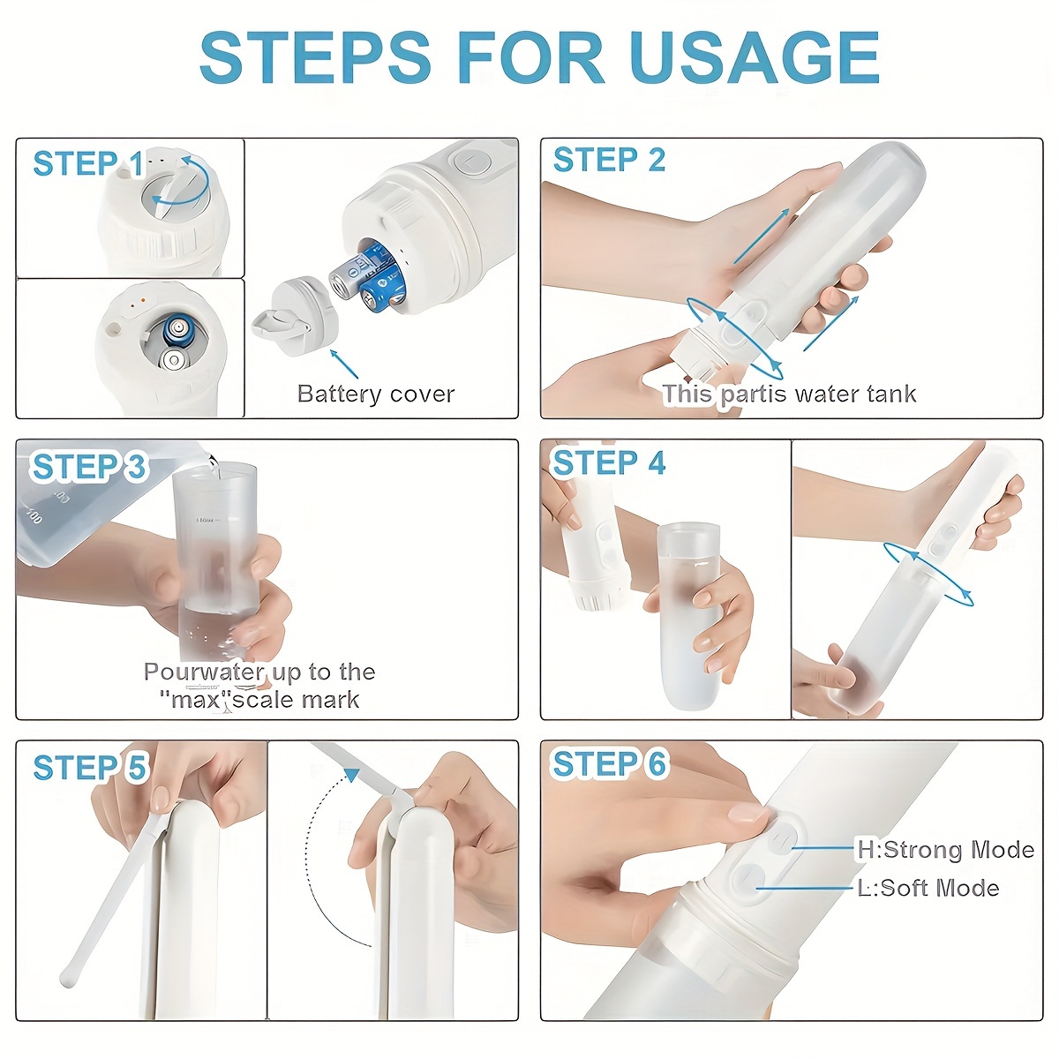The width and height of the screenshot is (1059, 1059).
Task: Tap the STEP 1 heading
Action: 87,164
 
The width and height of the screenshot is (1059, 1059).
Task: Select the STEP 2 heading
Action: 609,161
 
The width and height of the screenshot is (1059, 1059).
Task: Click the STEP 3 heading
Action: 88,467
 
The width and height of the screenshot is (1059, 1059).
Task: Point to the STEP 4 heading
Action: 608,462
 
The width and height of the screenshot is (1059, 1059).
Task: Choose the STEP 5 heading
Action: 88,768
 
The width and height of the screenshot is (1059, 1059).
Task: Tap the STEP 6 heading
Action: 608,764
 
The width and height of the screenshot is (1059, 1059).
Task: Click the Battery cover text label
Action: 376,394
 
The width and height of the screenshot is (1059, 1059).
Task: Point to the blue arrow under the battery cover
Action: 344,363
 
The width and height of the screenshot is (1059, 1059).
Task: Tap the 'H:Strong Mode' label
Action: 945,850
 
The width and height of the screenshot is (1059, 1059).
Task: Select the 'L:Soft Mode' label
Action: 928,888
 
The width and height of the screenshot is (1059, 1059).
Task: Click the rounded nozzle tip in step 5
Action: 67,978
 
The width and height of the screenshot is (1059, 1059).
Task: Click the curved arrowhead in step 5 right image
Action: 351,775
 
